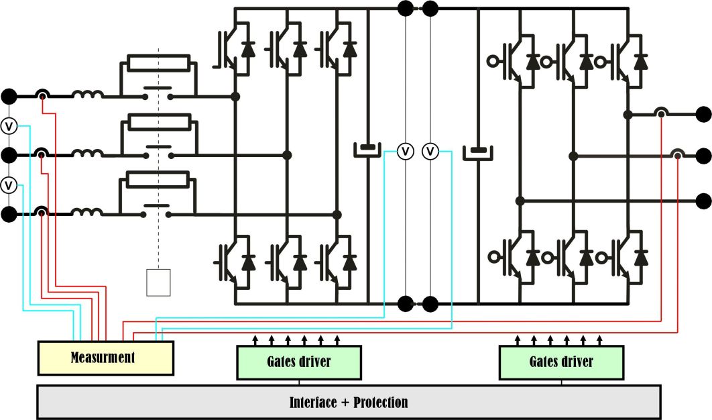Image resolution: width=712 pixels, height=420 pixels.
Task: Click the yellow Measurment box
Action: pos(105,358)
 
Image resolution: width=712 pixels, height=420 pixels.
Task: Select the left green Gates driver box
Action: pos(299,362)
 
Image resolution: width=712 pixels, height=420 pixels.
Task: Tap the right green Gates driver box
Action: pos(561,362)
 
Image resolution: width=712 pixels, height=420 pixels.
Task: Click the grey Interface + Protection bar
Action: pos(349,403)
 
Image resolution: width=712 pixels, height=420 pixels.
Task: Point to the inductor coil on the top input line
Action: pos(88,96)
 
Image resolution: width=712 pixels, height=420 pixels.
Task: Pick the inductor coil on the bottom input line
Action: pos(88,214)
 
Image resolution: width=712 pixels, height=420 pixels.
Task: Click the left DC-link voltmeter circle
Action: pos(405,152)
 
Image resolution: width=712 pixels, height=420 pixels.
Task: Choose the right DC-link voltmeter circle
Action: pos(430,152)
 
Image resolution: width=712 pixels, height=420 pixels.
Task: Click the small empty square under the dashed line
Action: pos(159,282)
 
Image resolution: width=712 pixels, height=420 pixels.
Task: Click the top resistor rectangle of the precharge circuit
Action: pos(159,64)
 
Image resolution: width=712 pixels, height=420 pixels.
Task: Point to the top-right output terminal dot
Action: pos(703,114)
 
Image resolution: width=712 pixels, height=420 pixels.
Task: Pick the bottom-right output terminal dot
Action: pos(703,200)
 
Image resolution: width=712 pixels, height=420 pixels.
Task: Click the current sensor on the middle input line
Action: pos(42,156)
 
